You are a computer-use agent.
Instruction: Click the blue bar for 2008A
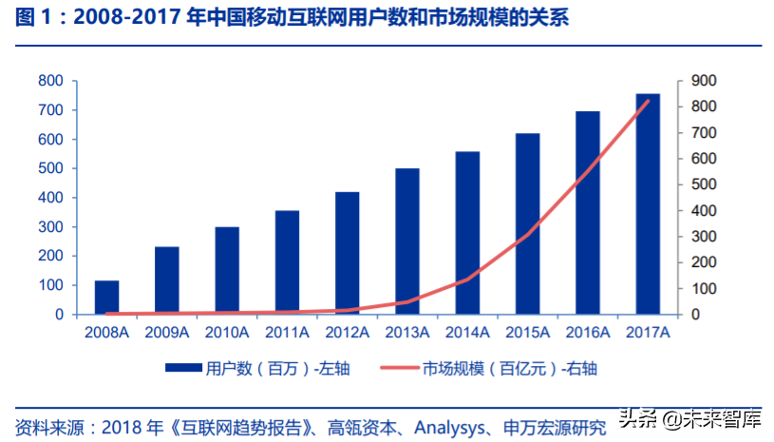coord(106,298)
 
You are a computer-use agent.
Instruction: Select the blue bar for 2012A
coord(347,253)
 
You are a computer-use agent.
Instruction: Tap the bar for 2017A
coord(648,203)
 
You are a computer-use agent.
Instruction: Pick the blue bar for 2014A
coord(467,233)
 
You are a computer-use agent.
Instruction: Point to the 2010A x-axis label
coord(226,332)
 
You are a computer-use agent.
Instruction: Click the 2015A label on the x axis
coord(527,332)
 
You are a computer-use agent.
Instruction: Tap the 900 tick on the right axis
coord(704,81)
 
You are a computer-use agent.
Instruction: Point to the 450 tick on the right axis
coord(704,198)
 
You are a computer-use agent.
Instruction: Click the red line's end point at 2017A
coord(648,101)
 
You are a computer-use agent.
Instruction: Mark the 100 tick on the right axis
coord(704,288)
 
